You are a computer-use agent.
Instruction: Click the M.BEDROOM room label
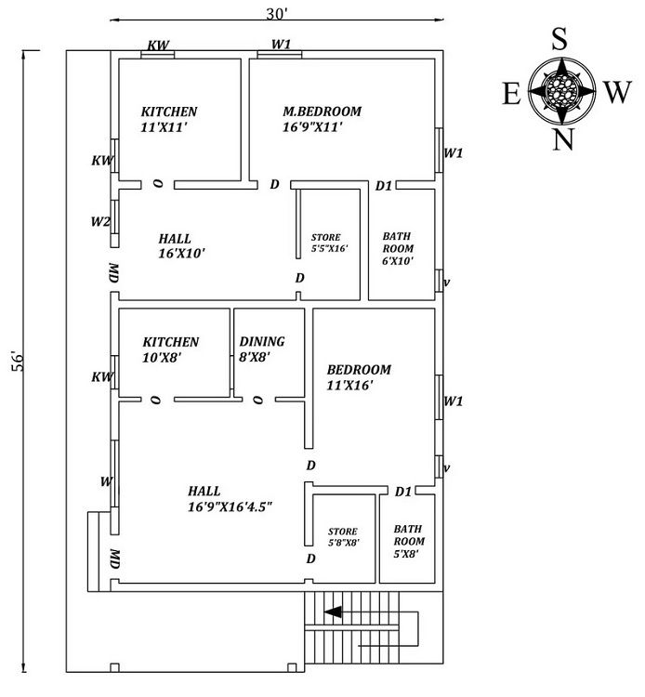tap(322, 112)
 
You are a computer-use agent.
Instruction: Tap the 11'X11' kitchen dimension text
tap(164, 127)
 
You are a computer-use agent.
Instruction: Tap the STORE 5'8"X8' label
tap(343, 537)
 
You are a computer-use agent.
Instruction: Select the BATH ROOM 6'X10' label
tap(398, 249)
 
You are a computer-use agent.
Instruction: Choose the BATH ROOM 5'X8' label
tap(409, 541)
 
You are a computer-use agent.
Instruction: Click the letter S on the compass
tap(559, 39)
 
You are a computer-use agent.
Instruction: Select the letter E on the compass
tap(511, 92)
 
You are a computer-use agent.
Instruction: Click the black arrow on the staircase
tap(332, 612)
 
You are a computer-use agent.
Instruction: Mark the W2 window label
tap(100, 222)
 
